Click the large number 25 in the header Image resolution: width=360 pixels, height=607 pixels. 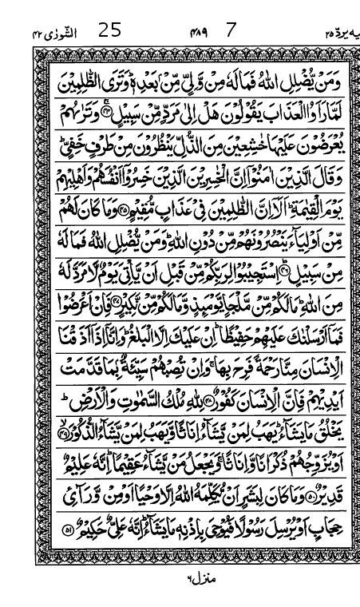tap(109, 31)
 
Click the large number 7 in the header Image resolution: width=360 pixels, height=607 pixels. tap(232, 31)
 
